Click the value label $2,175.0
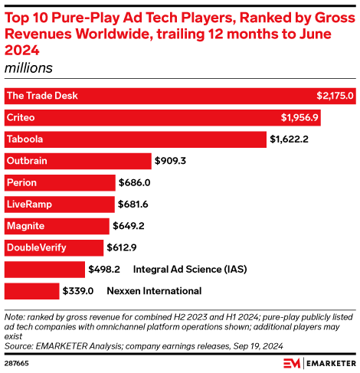tap(335, 96)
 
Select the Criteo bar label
tap(21, 118)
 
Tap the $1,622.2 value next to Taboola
tap(290, 139)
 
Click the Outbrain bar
tap(77, 161)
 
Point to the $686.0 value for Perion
tap(135, 183)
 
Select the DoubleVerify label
tap(35, 247)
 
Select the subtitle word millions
tap(28, 67)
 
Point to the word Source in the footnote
tap(19, 345)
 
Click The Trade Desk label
tap(41, 96)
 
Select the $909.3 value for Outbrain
tap(170, 161)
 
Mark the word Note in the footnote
tap(14, 316)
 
